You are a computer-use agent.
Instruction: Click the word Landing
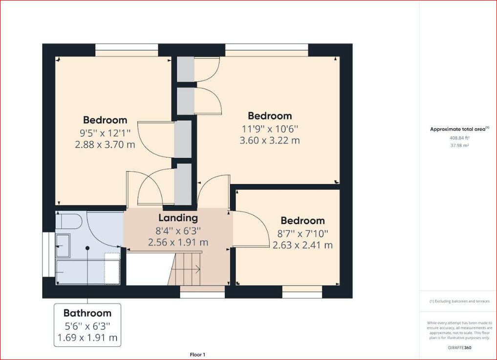177,218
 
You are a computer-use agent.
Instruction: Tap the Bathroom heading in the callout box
87,313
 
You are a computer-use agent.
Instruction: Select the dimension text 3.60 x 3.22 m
269,140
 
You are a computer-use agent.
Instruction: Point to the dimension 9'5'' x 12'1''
105,132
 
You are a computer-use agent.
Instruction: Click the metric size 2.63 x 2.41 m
303,245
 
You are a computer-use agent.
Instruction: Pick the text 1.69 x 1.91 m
87,337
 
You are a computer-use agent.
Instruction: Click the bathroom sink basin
64,245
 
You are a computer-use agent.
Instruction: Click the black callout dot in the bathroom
87,248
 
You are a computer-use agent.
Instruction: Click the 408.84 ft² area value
459,138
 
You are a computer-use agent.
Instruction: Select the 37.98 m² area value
459,145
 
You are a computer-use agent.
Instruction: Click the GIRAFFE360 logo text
459,348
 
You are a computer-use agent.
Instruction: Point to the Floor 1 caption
197,354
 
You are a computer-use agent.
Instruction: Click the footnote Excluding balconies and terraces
459,301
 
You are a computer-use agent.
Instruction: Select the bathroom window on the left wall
48,255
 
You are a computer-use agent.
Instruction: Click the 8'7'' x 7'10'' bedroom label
303,233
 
